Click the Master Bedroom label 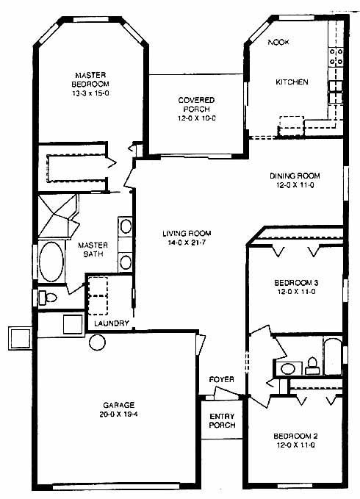90,79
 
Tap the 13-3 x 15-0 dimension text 90,93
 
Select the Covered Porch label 197,104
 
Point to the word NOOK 278,42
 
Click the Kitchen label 292,82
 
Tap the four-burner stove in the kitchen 336,57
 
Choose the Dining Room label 295,176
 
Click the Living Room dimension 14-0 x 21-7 187,243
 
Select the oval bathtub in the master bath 51,262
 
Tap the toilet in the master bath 48,298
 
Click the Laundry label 112,323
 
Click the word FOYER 222,379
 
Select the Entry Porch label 223,420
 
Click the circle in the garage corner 97,342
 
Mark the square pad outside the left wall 20,338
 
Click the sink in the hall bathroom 288,369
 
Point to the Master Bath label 93,250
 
